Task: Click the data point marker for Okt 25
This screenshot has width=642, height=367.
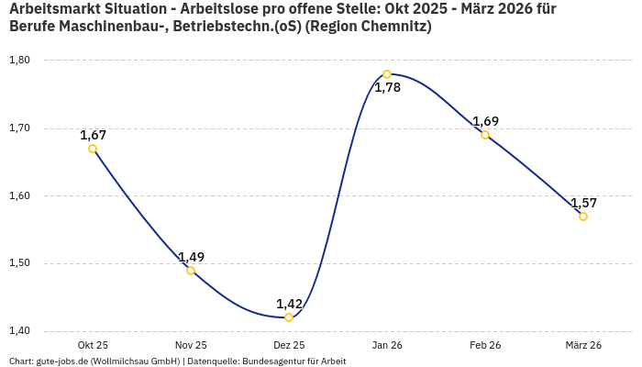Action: coord(93,149)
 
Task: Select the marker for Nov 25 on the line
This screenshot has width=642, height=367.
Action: coord(191,271)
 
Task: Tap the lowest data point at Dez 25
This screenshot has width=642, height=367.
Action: coord(289,317)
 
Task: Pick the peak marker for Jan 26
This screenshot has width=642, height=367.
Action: coord(387,74)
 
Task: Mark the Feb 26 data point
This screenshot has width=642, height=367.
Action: coord(485,135)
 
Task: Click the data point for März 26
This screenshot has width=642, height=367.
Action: coord(583,217)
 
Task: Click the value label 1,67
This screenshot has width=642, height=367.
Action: coord(93,135)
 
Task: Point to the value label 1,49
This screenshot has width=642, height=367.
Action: coord(191,257)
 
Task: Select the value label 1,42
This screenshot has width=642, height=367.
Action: coord(289,304)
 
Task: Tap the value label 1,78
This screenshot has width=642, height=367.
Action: coord(387,88)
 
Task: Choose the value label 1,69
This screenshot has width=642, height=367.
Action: coord(485,121)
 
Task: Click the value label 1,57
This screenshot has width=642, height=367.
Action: coord(583,203)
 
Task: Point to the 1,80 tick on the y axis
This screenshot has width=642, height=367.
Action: coord(19,61)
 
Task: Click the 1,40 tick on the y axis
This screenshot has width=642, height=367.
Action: coord(19,331)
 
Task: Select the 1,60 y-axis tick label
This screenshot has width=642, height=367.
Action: coord(19,196)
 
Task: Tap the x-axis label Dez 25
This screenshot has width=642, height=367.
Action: coord(289,345)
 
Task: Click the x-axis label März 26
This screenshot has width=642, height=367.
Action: coord(583,345)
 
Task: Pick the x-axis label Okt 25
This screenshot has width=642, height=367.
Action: coord(93,345)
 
